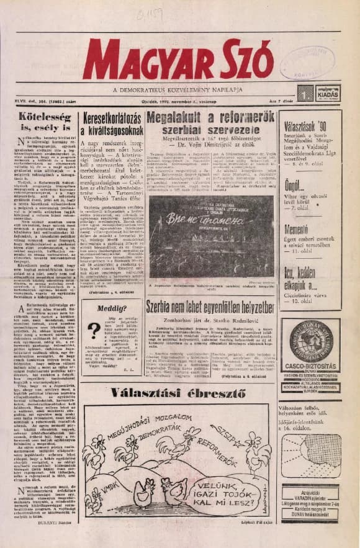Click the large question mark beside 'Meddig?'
94,330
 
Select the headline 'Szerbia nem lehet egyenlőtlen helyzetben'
210,306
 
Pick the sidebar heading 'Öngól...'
295,186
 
